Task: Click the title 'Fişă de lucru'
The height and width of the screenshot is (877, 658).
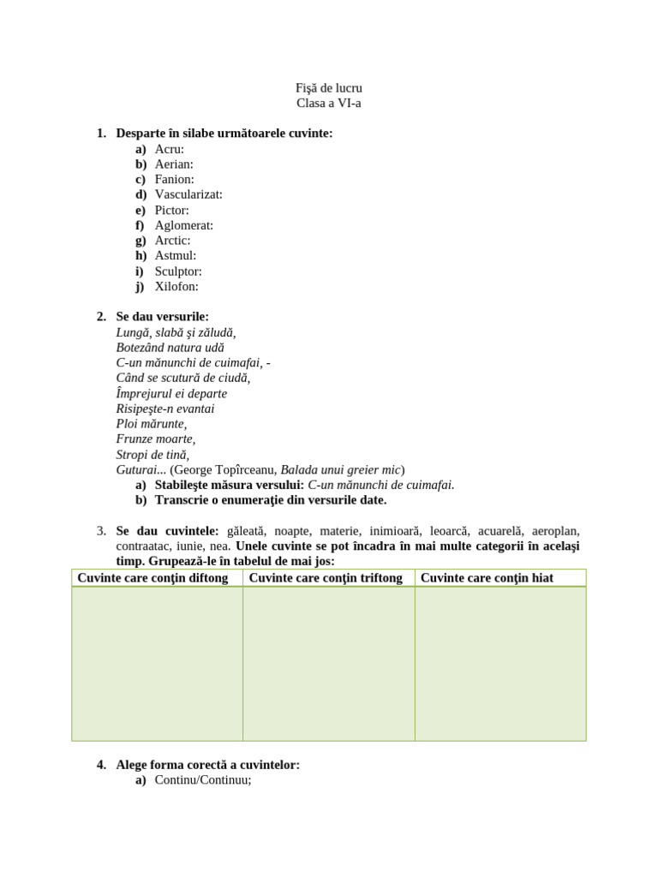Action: click(329, 88)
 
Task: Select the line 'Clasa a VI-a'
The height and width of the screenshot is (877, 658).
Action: click(329, 104)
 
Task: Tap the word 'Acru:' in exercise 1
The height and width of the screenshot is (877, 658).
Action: click(170, 149)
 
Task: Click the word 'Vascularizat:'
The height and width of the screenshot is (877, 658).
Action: click(188, 194)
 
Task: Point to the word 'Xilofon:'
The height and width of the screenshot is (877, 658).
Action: click(176, 287)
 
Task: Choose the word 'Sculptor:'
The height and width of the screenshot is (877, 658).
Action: click(178, 271)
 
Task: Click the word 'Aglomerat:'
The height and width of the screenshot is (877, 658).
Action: click(184, 225)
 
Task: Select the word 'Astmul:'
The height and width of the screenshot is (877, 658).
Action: click(176, 255)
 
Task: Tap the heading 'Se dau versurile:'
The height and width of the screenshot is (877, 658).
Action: click(163, 317)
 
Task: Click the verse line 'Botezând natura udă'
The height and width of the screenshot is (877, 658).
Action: click(170, 348)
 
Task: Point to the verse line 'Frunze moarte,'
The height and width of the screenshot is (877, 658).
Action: click(156, 439)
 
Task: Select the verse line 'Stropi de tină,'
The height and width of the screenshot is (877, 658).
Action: click(153, 455)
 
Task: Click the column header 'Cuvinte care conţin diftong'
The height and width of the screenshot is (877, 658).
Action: click(153, 578)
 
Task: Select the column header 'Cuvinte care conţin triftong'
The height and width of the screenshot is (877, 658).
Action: click(326, 578)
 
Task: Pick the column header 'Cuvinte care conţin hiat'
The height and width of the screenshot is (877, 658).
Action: click(487, 578)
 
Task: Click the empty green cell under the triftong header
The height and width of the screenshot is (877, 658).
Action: click(329, 664)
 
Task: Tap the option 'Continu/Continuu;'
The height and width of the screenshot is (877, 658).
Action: click(203, 780)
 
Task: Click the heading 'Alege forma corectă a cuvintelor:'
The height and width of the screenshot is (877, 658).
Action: click(208, 765)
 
